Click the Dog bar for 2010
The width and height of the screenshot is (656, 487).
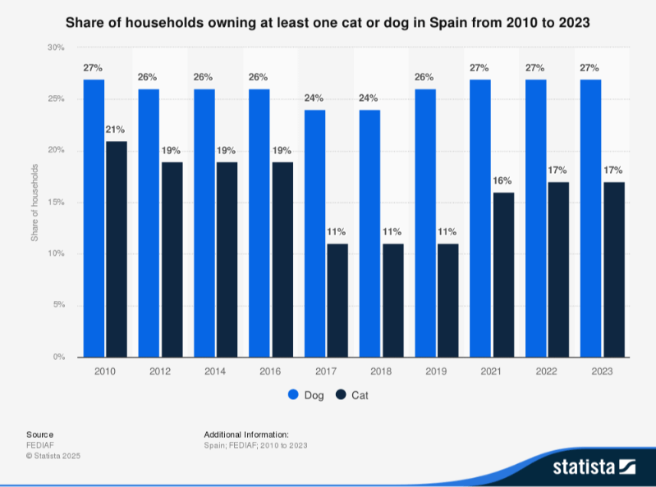click(x=94, y=218)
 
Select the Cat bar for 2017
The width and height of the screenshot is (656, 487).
click(x=337, y=300)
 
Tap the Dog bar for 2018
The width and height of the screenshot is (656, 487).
click(x=370, y=234)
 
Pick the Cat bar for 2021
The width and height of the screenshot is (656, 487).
click(x=503, y=275)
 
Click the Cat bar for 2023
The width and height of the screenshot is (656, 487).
click(x=614, y=269)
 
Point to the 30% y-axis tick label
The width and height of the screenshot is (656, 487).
click(x=56, y=48)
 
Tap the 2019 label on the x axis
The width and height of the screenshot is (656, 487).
click(x=437, y=371)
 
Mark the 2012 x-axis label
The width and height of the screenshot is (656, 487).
click(x=160, y=371)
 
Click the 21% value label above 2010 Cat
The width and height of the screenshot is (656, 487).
click(x=116, y=130)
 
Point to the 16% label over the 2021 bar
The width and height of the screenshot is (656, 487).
click(x=503, y=181)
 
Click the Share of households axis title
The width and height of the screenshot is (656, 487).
click(x=34, y=203)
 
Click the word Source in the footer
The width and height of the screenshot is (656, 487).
click(x=39, y=434)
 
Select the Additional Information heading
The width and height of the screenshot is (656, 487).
click(x=246, y=434)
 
